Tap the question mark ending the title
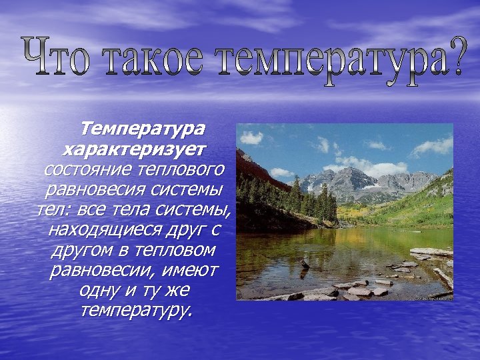[451, 60]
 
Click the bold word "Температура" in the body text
[143, 128]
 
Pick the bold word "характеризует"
[134, 147]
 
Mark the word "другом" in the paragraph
[77, 251]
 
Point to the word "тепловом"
[176, 251]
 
